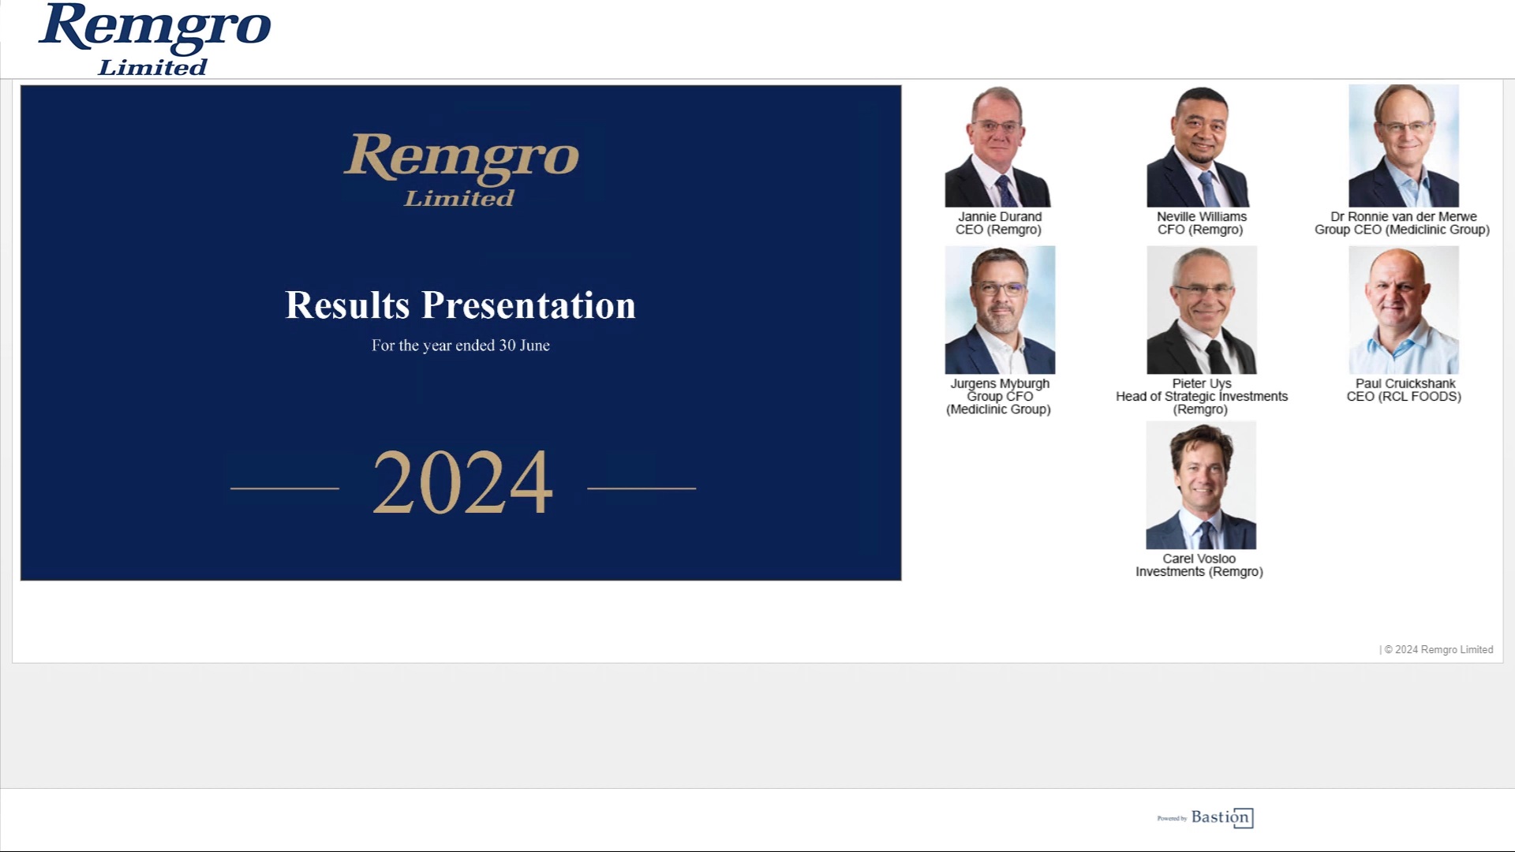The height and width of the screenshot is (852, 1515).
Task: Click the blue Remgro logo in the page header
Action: pos(155,39)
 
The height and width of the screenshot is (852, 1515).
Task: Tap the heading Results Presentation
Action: pos(460,305)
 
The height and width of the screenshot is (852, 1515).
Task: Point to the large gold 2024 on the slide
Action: pos(462,482)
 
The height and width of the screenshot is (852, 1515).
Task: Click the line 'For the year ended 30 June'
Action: pos(461,346)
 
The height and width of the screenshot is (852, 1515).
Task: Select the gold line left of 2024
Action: pos(285,488)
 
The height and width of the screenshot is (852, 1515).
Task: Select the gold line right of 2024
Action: pos(642,488)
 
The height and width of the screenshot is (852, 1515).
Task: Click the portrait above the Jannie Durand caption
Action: pos(998,147)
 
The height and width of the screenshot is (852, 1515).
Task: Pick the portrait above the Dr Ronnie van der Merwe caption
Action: pos(1404,146)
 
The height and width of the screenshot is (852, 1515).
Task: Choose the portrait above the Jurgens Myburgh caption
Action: pos(1000,310)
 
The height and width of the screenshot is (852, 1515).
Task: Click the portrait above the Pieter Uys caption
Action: pos(1202,310)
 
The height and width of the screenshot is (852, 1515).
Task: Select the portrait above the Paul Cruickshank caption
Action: pos(1404,310)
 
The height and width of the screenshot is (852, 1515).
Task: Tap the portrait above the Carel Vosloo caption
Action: pos(1201,485)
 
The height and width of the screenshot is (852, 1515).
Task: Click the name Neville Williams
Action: pos(1202,216)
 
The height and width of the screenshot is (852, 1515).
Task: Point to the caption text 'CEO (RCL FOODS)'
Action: pos(1404,397)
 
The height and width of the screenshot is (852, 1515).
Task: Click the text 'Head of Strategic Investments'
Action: pos(1202,397)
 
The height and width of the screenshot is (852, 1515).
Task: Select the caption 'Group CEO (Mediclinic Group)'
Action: pos(1402,230)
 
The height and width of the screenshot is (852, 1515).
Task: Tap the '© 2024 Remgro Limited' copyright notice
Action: pos(1438,650)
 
